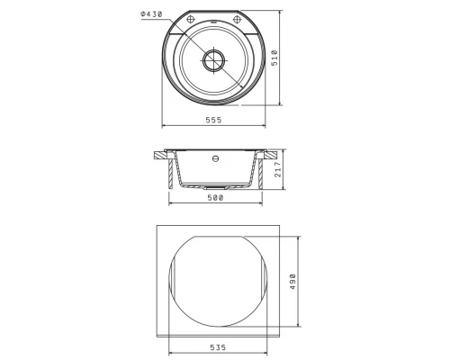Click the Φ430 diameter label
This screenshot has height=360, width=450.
pyautogui.click(x=151, y=14)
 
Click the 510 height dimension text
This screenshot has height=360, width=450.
pyautogui.click(x=274, y=58)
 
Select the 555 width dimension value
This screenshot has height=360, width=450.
pyautogui.click(x=213, y=120)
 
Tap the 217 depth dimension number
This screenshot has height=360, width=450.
pyautogui.click(x=278, y=169)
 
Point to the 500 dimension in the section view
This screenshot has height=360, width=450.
pyautogui.click(x=215, y=198)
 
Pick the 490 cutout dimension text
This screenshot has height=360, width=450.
pyautogui.click(x=292, y=282)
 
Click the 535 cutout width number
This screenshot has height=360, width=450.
pyautogui.click(x=218, y=347)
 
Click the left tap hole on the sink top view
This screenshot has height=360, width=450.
pyautogui.click(x=191, y=20)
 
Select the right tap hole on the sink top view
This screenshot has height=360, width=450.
pyautogui.click(x=237, y=20)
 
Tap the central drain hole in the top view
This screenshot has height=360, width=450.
pyautogui.click(x=213, y=60)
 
